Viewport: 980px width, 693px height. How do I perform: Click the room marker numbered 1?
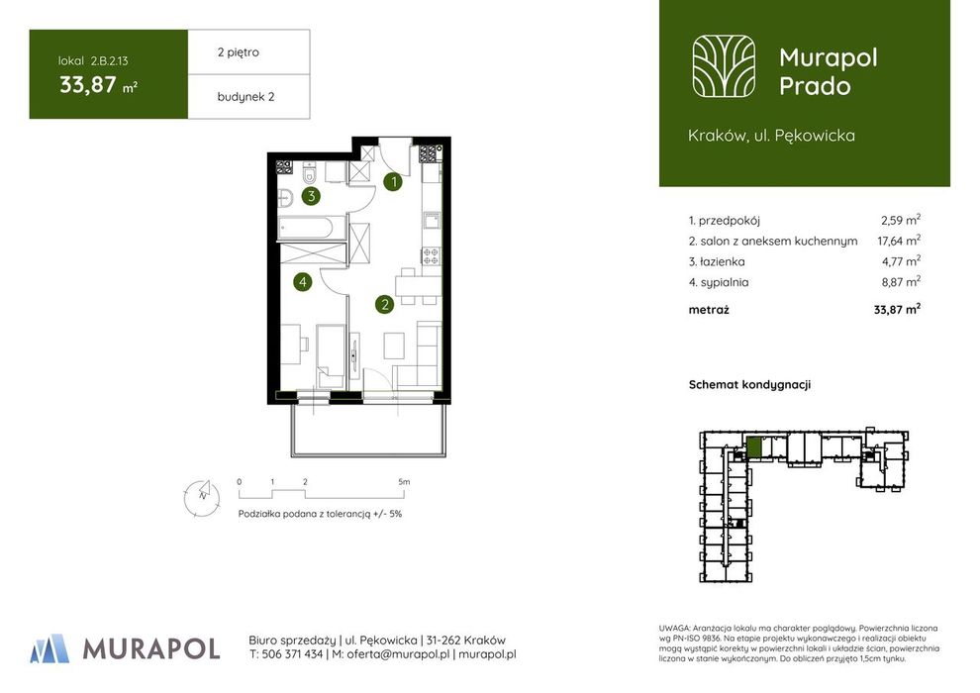click(393, 182)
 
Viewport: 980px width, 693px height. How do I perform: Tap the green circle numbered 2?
click(384, 304)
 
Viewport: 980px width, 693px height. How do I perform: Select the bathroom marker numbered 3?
click(311, 196)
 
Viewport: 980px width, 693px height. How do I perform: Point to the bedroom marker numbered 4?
click(303, 282)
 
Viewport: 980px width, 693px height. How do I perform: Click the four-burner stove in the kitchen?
click(431, 255)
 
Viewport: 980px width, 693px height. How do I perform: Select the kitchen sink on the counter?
click(432, 221)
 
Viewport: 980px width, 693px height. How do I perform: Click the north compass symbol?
click(202, 497)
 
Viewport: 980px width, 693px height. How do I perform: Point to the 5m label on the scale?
click(404, 482)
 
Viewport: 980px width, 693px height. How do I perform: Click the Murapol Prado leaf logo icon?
click(724, 67)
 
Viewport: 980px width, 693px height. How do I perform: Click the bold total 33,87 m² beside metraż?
click(897, 309)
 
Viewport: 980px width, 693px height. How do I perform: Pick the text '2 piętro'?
click(239, 52)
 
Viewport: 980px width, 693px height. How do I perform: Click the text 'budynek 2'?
click(245, 97)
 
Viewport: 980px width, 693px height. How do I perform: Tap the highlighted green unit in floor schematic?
click(754, 447)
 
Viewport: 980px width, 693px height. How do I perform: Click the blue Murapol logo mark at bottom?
click(49, 648)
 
